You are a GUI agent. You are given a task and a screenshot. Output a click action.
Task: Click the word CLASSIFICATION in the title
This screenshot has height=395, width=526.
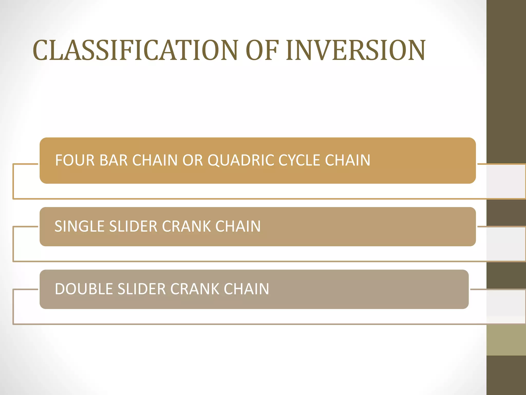(135, 51)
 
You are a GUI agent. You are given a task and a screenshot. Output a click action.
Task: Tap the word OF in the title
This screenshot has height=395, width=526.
(262, 51)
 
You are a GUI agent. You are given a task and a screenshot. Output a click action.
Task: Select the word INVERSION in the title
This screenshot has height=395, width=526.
(356, 51)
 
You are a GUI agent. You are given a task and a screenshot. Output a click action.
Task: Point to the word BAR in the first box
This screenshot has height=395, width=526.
(114, 160)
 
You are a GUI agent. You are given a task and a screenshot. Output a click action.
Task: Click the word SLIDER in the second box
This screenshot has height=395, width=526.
(133, 226)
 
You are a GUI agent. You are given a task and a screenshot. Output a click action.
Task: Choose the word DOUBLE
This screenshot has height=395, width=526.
(84, 289)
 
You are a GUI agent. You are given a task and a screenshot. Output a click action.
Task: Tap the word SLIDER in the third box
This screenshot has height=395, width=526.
(142, 289)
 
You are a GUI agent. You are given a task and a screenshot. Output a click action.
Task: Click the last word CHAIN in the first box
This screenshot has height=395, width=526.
(347, 160)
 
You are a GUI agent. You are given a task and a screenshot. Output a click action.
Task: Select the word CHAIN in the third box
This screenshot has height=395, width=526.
(246, 289)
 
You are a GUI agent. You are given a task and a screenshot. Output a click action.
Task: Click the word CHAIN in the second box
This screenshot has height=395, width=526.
(238, 226)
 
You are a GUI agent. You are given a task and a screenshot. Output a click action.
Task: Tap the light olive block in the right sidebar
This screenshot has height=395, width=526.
(506, 340)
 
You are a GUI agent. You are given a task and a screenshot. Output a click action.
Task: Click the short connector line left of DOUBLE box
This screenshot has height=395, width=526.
(26, 289)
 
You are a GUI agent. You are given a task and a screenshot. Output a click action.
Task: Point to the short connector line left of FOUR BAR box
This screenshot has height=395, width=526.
(26, 164)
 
